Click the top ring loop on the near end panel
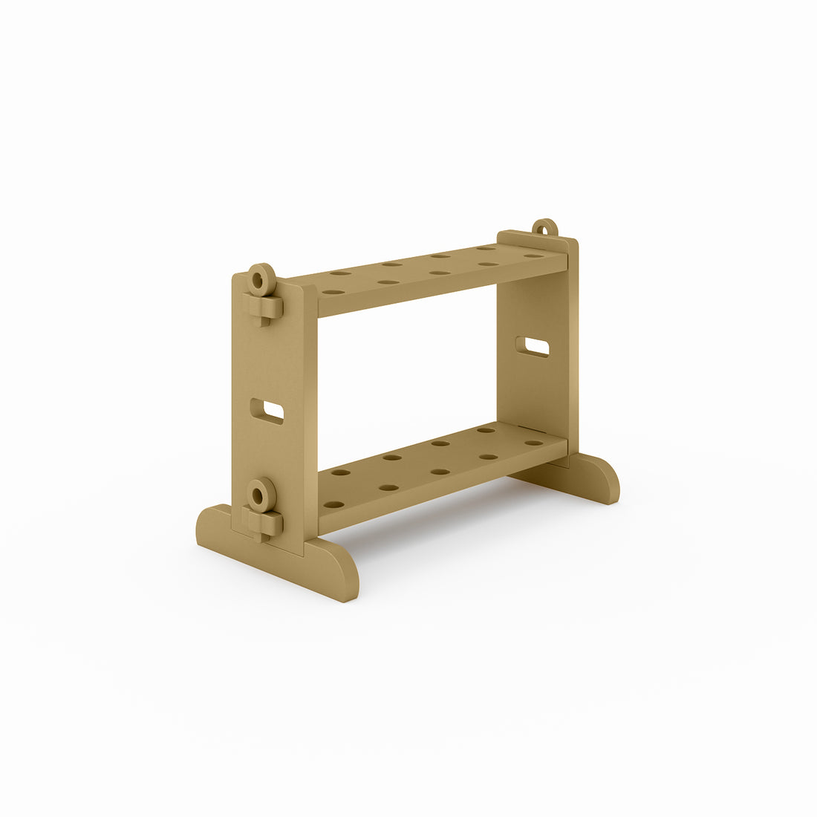pyautogui.click(x=260, y=279)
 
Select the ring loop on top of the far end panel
pyautogui.click(x=544, y=228)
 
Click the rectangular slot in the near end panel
pyautogui.click(x=267, y=411)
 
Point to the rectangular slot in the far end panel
pyautogui.click(x=533, y=346)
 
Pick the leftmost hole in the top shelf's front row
pyautogui.click(x=333, y=292)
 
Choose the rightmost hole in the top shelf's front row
pyautogui.click(x=533, y=256)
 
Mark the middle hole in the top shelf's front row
pyautogui.click(x=440, y=273)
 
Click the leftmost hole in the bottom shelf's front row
pyautogui.click(x=333, y=504)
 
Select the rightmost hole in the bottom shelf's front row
pyautogui.click(x=533, y=443)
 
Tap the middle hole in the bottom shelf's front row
pyautogui.click(x=440, y=472)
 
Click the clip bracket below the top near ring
pyautogui.click(x=263, y=307)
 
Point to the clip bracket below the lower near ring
pyautogui.click(x=263, y=522)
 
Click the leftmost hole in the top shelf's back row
pyautogui.click(x=341, y=273)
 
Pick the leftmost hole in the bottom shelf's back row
pyautogui.click(x=341, y=472)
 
